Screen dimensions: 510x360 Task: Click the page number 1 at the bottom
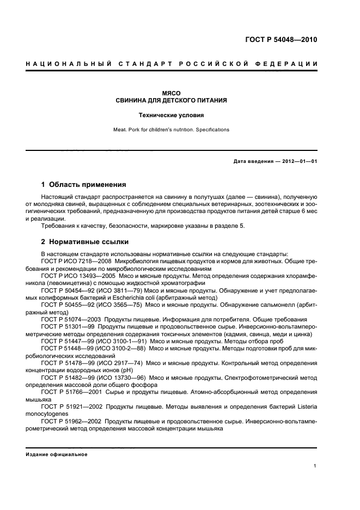click(x=315, y=466)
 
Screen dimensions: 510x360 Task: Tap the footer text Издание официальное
click(x=57, y=454)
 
